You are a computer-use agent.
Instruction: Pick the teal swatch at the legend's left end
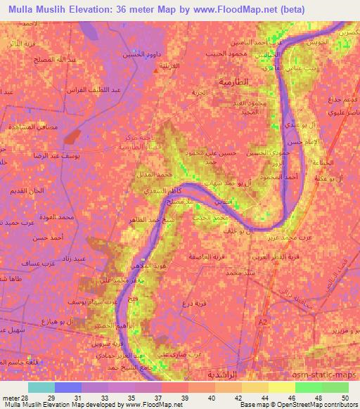[42, 387]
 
